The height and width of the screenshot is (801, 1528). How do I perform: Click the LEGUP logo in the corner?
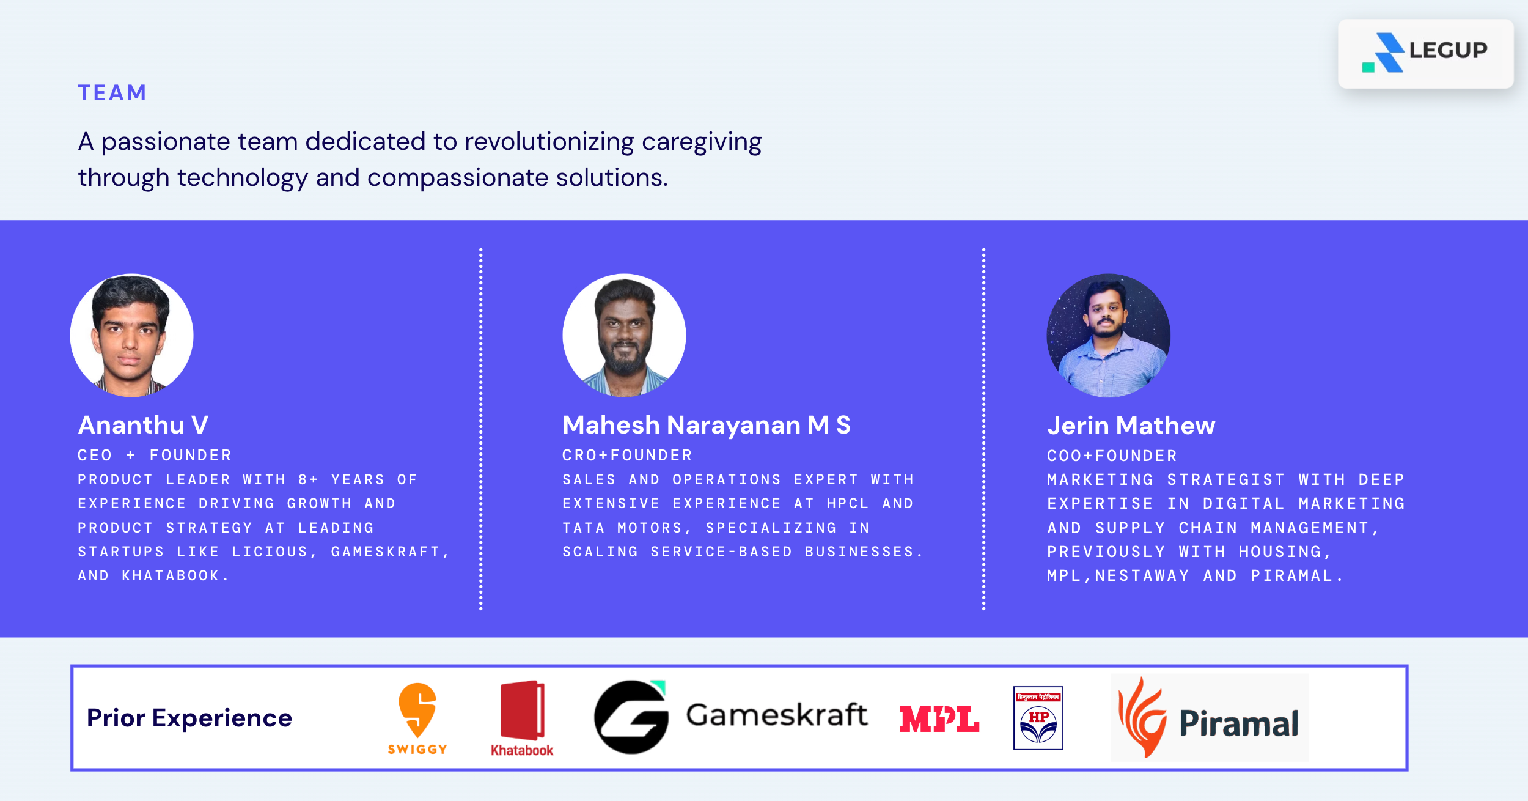(x=1425, y=53)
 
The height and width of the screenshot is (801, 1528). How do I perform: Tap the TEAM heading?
(x=112, y=93)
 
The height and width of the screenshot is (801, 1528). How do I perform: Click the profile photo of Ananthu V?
(x=132, y=335)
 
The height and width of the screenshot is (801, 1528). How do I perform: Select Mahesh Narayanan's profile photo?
(x=624, y=335)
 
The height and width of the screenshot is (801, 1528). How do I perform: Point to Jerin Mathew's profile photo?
(x=1109, y=335)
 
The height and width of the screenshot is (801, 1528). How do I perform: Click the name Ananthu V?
(x=144, y=425)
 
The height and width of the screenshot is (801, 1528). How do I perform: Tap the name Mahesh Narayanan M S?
(x=707, y=426)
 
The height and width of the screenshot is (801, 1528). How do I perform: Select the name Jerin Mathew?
(x=1131, y=426)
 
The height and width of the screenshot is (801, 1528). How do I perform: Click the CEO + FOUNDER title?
(x=155, y=456)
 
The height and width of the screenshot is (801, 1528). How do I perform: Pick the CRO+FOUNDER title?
(x=627, y=456)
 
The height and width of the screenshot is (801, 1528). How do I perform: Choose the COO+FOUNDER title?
(x=1112, y=456)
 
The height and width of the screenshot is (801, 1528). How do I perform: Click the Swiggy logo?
(x=417, y=719)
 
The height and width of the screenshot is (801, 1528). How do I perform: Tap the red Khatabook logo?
(x=522, y=719)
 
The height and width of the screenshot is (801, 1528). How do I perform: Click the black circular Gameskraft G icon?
(x=631, y=717)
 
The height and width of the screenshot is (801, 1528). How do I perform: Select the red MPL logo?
(x=939, y=719)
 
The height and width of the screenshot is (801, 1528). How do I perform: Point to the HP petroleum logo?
(x=1038, y=718)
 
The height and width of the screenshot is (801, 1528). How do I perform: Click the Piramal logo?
(x=1210, y=718)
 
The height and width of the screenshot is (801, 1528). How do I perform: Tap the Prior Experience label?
(x=189, y=718)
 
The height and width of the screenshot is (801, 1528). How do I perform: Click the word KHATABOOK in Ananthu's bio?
(x=171, y=576)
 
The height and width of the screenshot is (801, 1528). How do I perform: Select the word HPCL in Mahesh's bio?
(x=847, y=504)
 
